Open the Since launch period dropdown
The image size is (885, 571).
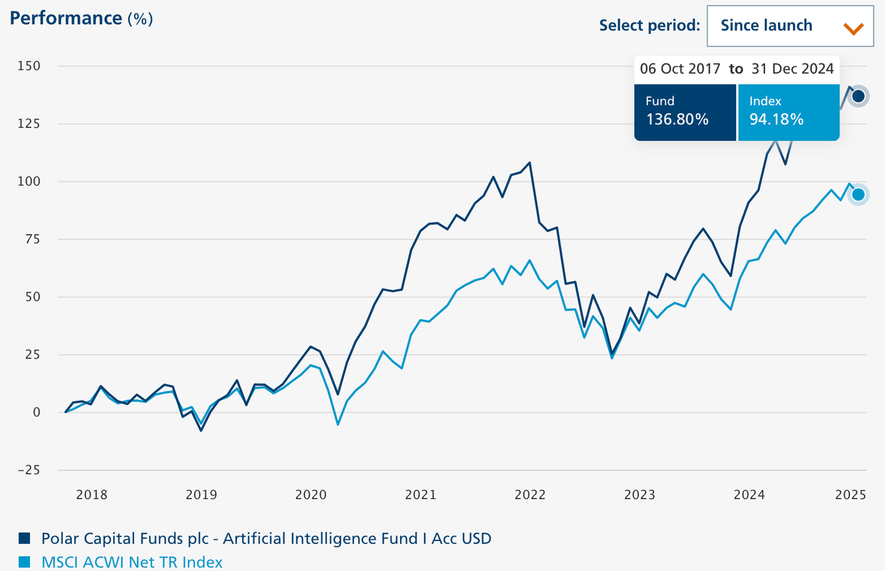(790, 26)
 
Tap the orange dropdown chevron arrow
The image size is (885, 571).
(854, 28)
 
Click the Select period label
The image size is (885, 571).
(649, 26)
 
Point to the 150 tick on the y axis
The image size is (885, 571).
(29, 66)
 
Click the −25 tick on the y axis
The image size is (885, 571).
(29, 470)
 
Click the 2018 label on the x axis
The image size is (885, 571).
(92, 495)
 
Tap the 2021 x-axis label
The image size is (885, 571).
(420, 495)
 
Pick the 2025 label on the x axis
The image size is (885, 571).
(851, 495)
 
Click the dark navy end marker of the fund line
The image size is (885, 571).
(858, 96)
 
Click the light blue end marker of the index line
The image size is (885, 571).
(858, 195)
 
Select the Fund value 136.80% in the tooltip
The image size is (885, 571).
(677, 119)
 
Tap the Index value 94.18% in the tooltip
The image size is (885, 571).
(776, 119)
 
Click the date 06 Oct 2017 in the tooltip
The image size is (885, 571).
(680, 69)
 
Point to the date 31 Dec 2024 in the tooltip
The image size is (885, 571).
(792, 69)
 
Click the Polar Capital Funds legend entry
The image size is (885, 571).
(266, 539)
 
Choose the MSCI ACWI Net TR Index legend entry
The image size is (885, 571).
(132, 562)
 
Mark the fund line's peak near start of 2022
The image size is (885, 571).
(530, 163)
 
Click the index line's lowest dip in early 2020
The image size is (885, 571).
(338, 424)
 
